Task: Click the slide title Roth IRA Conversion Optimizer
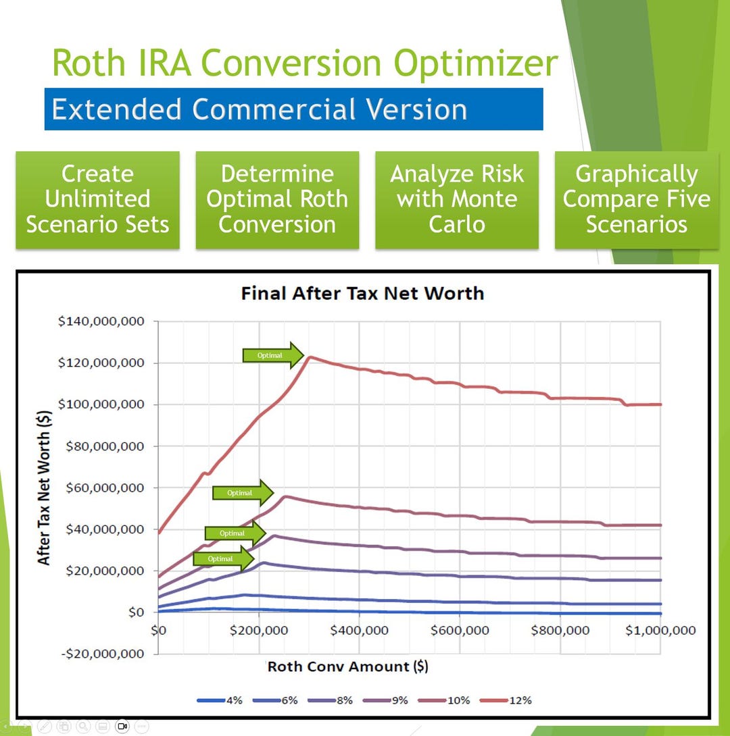[x=305, y=63]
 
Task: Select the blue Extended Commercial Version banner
[x=293, y=109]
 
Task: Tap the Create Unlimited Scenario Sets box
[x=97, y=199]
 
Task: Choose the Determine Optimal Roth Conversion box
[x=277, y=199]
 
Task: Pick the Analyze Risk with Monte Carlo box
[x=457, y=199]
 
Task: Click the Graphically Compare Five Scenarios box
[x=637, y=199]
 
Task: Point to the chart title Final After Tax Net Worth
[x=362, y=293]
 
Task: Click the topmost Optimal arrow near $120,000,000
[x=272, y=355]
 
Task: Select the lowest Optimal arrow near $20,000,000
[x=223, y=559]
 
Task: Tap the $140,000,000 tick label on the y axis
[x=101, y=321]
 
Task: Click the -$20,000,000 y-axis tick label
[x=101, y=654]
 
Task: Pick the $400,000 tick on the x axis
[x=359, y=631]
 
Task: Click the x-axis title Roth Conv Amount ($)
[x=347, y=666]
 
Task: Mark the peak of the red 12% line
[x=310, y=357]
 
